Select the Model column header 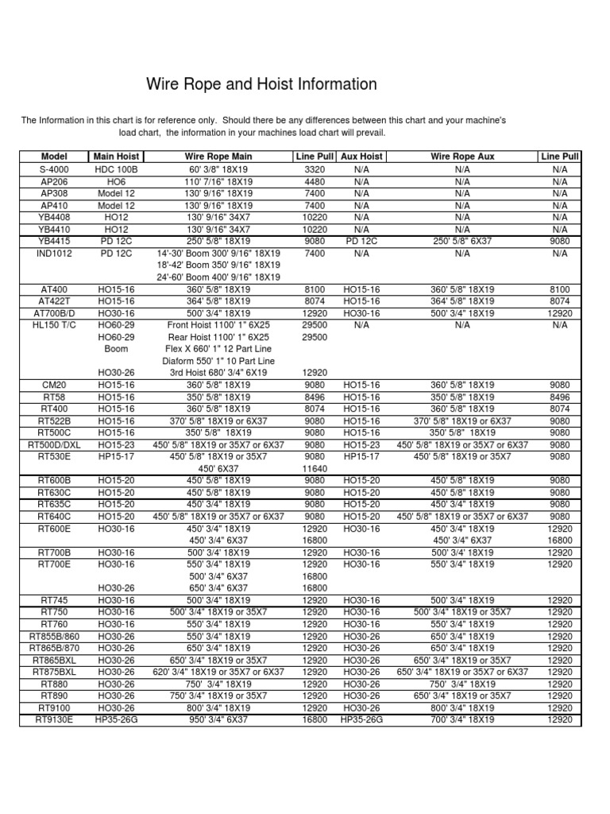[x=54, y=157]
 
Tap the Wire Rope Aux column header [x=462, y=157]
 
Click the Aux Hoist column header [x=361, y=157]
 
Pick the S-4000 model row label [x=54, y=169]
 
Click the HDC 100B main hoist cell [x=117, y=169]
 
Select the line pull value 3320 [x=315, y=169]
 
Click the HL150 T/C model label [x=54, y=325]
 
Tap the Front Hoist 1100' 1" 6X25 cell [x=218, y=325]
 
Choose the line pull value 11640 [x=315, y=469]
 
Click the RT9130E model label [x=54, y=719]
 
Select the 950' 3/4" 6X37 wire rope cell [x=218, y=719]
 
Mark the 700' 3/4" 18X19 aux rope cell [x=462, y=719]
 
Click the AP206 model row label [x=54, y=181]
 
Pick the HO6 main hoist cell [x=117, y=181]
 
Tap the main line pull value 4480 [x=315, y=181]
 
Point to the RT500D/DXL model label [x=54, y=445]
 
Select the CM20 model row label [x=54, y=385]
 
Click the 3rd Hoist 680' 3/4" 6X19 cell [x=218, y=372]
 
